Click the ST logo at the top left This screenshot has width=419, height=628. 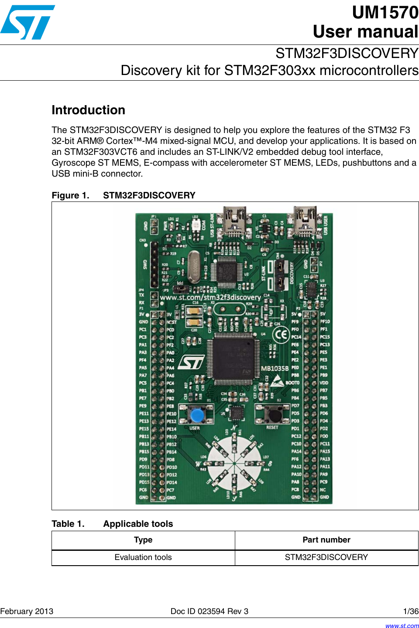click(27, 22)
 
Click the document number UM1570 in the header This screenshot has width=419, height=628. click(385, 13)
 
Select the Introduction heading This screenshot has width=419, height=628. click(88, 110)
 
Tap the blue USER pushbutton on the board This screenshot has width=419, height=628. click(197, 414)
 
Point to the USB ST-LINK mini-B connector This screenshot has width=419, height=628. click(234, 220)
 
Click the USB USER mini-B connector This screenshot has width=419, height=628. click(305, 220)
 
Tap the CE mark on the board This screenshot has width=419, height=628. click(281, 334)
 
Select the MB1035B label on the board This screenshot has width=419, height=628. click(275, 369)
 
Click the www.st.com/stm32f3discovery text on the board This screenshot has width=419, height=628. click(210, 297)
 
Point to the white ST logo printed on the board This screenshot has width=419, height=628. click(192, 362)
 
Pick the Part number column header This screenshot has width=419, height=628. click(326, 540)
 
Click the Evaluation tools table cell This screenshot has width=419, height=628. click(143, 557)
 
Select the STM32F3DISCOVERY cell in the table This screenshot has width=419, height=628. click(326, 557)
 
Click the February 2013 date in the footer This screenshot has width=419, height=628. click(27, 611)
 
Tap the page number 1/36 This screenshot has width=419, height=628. click(411, 611)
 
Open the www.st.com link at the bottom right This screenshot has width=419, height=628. click(402, 625)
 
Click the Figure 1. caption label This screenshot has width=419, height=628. click(70, 195)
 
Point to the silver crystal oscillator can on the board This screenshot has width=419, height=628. click(193, 266)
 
